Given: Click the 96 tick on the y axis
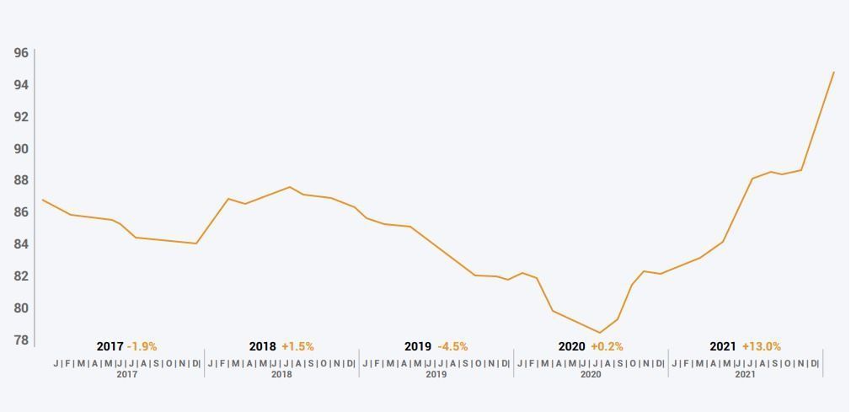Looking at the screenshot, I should (21, 53).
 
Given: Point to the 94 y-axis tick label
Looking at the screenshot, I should (21, 85).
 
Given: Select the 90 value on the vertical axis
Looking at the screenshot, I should (21, 149).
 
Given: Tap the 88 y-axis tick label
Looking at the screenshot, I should (21, 180).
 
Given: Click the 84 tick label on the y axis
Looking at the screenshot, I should (21, 244).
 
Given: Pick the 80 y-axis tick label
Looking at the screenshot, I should (21, 308).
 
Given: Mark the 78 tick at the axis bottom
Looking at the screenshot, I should (21, 340).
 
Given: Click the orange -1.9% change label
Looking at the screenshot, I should (142, 346).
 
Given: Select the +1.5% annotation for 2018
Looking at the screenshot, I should (297, 346).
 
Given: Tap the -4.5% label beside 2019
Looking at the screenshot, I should (452, 346).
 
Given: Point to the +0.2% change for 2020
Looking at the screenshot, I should (607, 346).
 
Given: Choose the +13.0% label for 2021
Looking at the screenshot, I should (761, 346).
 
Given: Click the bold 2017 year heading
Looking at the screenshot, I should (110, 346).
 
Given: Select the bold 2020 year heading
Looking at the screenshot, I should (571, 346).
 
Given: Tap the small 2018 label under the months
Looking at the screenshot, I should (281, 374).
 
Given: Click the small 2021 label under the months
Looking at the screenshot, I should (745, 374).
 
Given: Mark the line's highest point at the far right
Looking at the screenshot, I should (833, 72).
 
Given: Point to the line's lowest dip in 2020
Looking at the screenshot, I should (600, 333).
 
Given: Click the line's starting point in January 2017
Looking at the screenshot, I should (43, 201).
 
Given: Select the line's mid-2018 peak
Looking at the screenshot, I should (289, 187).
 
